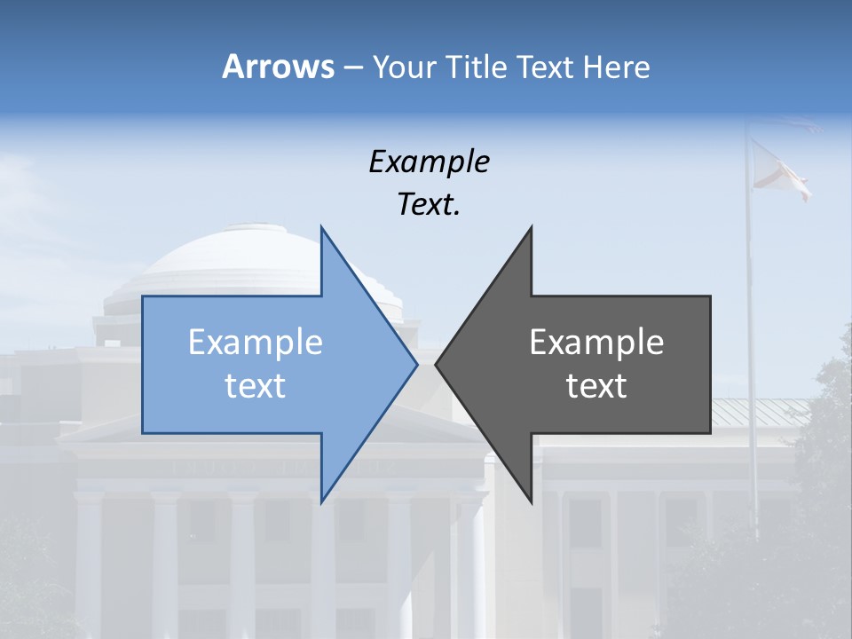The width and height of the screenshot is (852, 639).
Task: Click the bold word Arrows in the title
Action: [278, 67]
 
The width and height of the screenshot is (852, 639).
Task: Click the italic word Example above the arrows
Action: [429, 162]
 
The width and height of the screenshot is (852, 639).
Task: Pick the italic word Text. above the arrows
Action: [429, 205]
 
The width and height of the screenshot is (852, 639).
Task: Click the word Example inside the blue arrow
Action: [256, 342]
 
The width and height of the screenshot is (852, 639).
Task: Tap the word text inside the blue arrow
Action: [256, 386]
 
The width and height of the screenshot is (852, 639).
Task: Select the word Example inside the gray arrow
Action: [596, 342]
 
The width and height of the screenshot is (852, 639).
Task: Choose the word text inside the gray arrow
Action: [596, 386]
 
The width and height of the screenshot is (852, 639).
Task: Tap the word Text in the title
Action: [546, 67]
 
